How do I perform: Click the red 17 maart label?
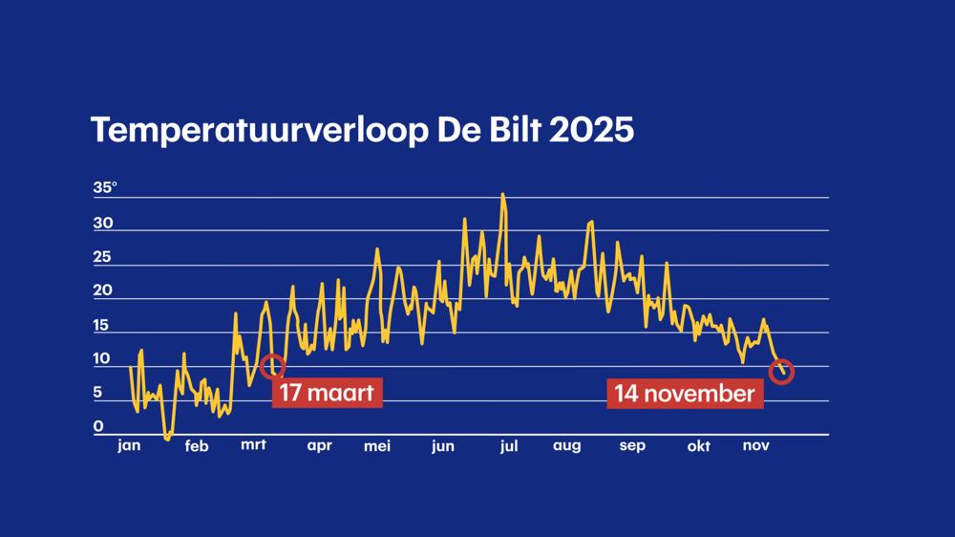pos(327,393)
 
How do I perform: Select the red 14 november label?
pos(685,393)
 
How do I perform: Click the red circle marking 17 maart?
pos(272,365)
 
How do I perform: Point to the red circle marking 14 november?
pos(781,372)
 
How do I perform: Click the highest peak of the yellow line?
pos(502,195)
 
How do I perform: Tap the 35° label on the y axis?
pos(105,188)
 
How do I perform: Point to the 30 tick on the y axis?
pos(103,224)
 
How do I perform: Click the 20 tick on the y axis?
pos(103,290)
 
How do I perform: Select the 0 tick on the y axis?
pos(97,426)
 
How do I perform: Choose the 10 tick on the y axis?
pos(102,359)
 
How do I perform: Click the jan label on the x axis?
pos(128,445)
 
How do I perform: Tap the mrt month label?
pos(253,445)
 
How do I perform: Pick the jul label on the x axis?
pos(509,445)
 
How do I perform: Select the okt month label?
pos(699,446)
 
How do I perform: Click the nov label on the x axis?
pos(756,445)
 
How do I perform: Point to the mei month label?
pos(377,445)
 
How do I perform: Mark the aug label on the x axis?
pos(566,446)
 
